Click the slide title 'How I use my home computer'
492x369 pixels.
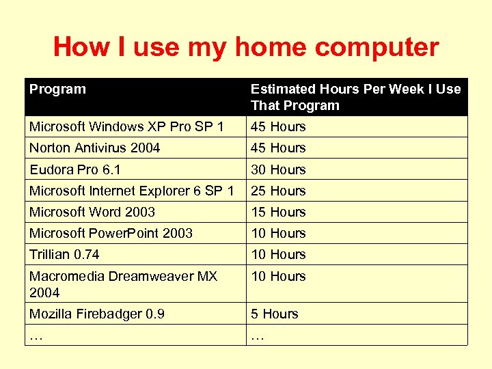pyautogui.click(x=246, y=47)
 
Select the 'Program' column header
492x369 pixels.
pyautogui.click(x=57, y=89)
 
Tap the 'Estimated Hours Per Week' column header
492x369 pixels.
pyautogui.click(x=355, y=97)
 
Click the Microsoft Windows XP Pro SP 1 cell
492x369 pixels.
pyautogui.click(x=126, y=127)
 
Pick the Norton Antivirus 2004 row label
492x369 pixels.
pyautogui.click(x=95, y=148)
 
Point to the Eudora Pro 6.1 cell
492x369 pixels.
pyautogui.click(x=75, y=169)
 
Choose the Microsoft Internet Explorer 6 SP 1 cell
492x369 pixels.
pyautogui.click(x=132, y=191)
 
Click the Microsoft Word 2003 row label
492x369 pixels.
pyautogui.click(x=92, y=212)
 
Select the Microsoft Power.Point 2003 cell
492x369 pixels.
pyautogui.click(x=111, y=233)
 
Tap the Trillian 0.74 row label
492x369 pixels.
pyautogui.click(x=64, y=254)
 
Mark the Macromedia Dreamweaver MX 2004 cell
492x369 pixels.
pyautogui.click(x=123, y=284)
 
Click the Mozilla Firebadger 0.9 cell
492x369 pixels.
pyautogui.click(x=97, y=314)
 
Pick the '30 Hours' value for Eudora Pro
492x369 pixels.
pyautogui.click(x=278, y=169)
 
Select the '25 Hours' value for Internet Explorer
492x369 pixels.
pyautogui.click(x=278, y=191)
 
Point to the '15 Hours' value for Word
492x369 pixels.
pyautogui.click(x=278, y=212)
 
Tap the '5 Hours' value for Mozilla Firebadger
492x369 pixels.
pyautogui.click(x=275, y=314)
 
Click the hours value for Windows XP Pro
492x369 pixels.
pyautogui.click(x=278, y=127)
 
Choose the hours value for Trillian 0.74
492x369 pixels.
pyautogui.click(x=278, y=254)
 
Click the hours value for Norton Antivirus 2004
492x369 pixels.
pyautogui.click(x=278, y=148)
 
